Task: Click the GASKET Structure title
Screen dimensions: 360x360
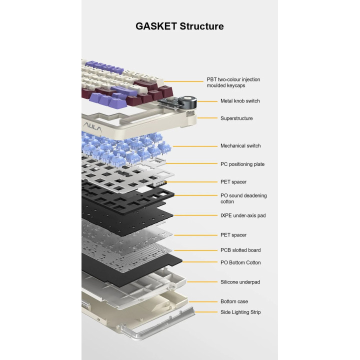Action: click(x=179, y=26)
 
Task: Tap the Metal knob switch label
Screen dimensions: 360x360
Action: click(x=240, y=101)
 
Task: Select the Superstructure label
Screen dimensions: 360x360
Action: click(x=236, y=118)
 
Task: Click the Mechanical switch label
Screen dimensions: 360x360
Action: click(x=240, y=146)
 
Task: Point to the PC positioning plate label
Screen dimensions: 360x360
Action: click(x=242, y=164)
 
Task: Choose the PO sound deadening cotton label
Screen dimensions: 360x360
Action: click(x=243, y=198)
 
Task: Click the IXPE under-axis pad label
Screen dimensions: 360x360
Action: click(x=243, y=215)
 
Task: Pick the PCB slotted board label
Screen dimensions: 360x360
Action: click(x=240, y=250)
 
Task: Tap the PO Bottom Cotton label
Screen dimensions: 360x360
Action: click(x=240, y=262)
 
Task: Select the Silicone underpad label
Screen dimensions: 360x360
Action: click(x=240, y=282)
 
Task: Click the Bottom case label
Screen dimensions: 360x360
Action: click(x=234, y=301)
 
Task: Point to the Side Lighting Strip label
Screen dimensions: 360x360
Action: click(x=240, y=312)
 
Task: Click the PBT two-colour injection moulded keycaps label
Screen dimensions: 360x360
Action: click(x=233, y=82)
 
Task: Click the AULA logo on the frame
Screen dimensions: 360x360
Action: click(x=92, y=127)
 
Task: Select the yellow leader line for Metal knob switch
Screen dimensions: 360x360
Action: click(x=207, y=101)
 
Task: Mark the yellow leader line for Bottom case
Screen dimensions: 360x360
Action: click(x=202, y=301)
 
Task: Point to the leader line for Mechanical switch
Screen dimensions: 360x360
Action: click(x=195, y=146)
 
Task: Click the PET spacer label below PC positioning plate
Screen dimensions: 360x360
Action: click(x=233, y=182)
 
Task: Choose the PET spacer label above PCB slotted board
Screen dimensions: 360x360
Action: click(x=233, y=235)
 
